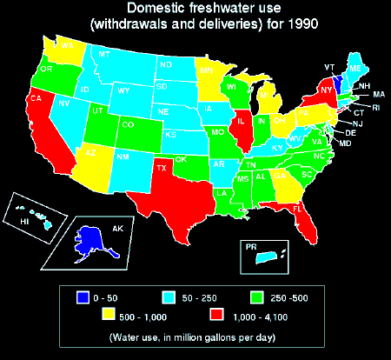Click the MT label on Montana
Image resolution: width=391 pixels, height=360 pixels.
[104, 55]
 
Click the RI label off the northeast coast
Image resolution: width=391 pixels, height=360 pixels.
[375, 107]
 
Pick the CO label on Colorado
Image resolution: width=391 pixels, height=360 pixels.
[128, 124]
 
